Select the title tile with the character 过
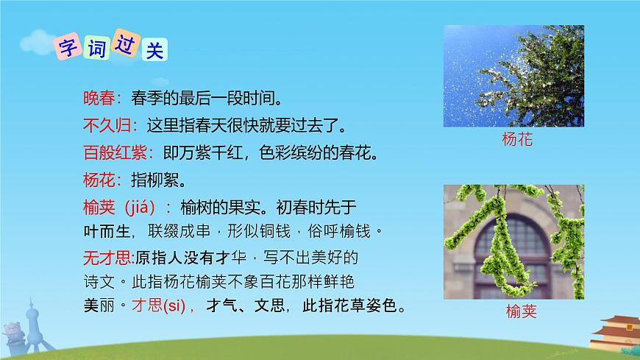point(128,45)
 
